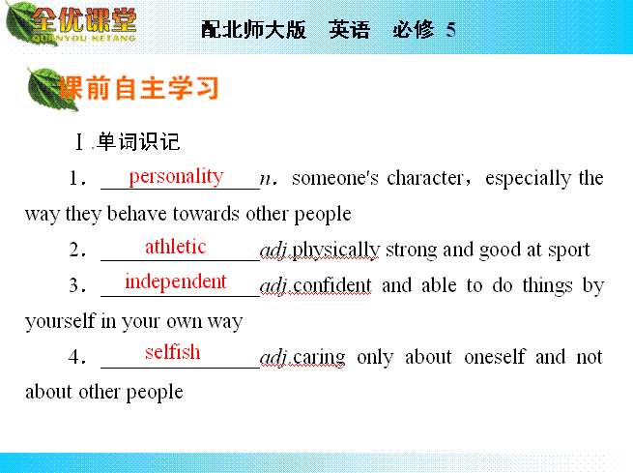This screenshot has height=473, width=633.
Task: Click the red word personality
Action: pyautogui.click(x=176, y=177)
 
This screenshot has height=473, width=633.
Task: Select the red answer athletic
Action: pyautogui.click(x=176, y=247)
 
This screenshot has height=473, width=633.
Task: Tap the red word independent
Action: pyautogui.click(x=176, y=281)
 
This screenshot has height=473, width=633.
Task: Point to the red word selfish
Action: pyautogui.click(x=172, y=352)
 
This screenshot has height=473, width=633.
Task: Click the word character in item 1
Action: pyautogui.click(x=425, y=178)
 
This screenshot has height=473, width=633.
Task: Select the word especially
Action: pyautogui.click(x=528, y=179)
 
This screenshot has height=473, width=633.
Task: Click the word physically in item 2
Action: pyautogui.click(x=335, y=251)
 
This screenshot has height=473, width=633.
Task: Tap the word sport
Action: pyautogui.click(x=569, y=251)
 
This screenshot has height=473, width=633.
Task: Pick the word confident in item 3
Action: pyautogui.click(x=331, y=285)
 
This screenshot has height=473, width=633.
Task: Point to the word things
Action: pyautogui.click(x=547, y=286)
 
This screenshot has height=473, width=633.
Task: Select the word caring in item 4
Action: pyautogui.click(x=319, y=358)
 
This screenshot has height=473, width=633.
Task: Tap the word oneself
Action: pyautogui.click(x=495, y=357)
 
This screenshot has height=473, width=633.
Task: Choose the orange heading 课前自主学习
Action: pyautogui.click(x=138, y=88)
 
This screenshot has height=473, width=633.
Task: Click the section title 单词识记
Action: pyautogui.click(x=138, y=142)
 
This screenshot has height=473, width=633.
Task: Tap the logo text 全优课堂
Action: pyautogui.click(x=84, y=20)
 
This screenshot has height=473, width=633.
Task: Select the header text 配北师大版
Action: pyautogui.click(x=253, y=30)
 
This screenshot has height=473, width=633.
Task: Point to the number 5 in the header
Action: pyautogui.click(x=451, y=30)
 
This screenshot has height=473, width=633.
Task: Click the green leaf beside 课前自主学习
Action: pyautogui.click(x=48, y=88)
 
